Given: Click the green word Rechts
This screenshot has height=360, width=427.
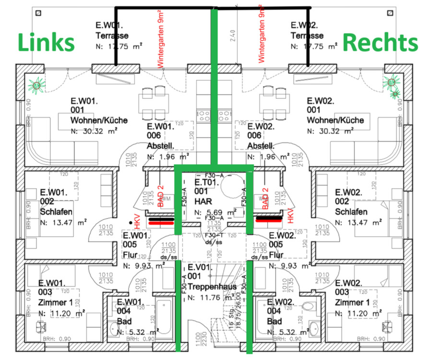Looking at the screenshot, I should click(381, 43).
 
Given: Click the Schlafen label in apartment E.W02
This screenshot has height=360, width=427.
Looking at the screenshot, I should click(351, 212).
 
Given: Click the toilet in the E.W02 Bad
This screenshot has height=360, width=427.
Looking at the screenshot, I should click(309, 307).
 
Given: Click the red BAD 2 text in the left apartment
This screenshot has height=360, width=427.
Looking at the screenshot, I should click(161, 197).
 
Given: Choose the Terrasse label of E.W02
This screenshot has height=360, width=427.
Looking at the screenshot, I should click(307, 36).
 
